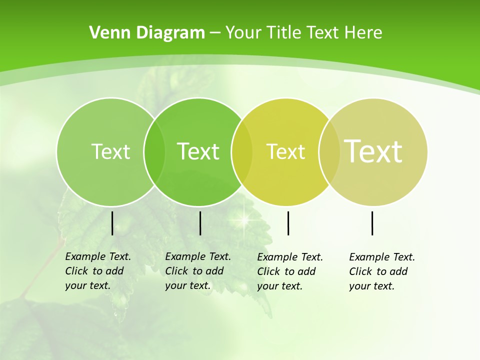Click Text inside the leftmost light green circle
(110, 151)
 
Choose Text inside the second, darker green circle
(198, 151)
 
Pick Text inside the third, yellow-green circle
(285, 151)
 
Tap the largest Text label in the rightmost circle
(373, 151)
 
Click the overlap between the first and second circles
(154, 151)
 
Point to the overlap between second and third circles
(242, 151)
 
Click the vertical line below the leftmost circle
(112, 223)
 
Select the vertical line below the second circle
(200, 223)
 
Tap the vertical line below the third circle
(288, 223)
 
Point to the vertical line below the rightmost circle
(372, 223)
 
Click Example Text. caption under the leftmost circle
(98, 256)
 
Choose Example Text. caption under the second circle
(198, 256)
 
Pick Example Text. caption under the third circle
(290, 257)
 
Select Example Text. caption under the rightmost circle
(382, 257)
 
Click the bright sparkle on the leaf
(245, 218)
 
